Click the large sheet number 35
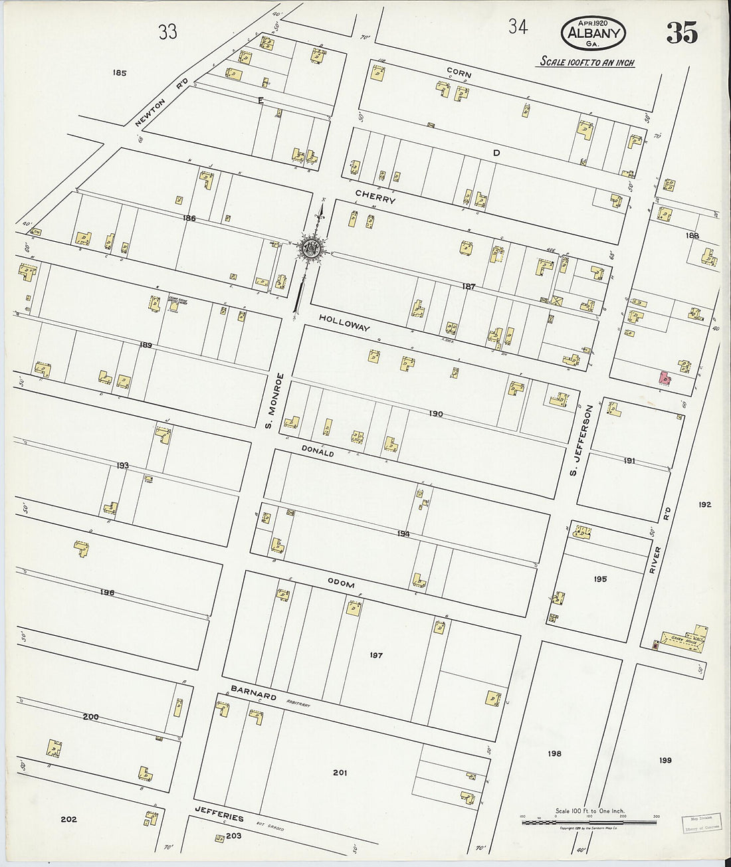[x=682, y=33]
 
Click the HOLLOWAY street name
[x=344, y=324]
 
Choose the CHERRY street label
[x=375, y=197]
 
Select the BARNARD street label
[x=254, y=695]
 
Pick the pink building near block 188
[x=663, y=377]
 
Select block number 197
[x=376, y=656]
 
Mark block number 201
[x=340, y=773]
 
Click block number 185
[x=120, y=73]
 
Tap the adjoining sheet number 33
[x=167, y=31]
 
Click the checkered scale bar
[x=589, y=822]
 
